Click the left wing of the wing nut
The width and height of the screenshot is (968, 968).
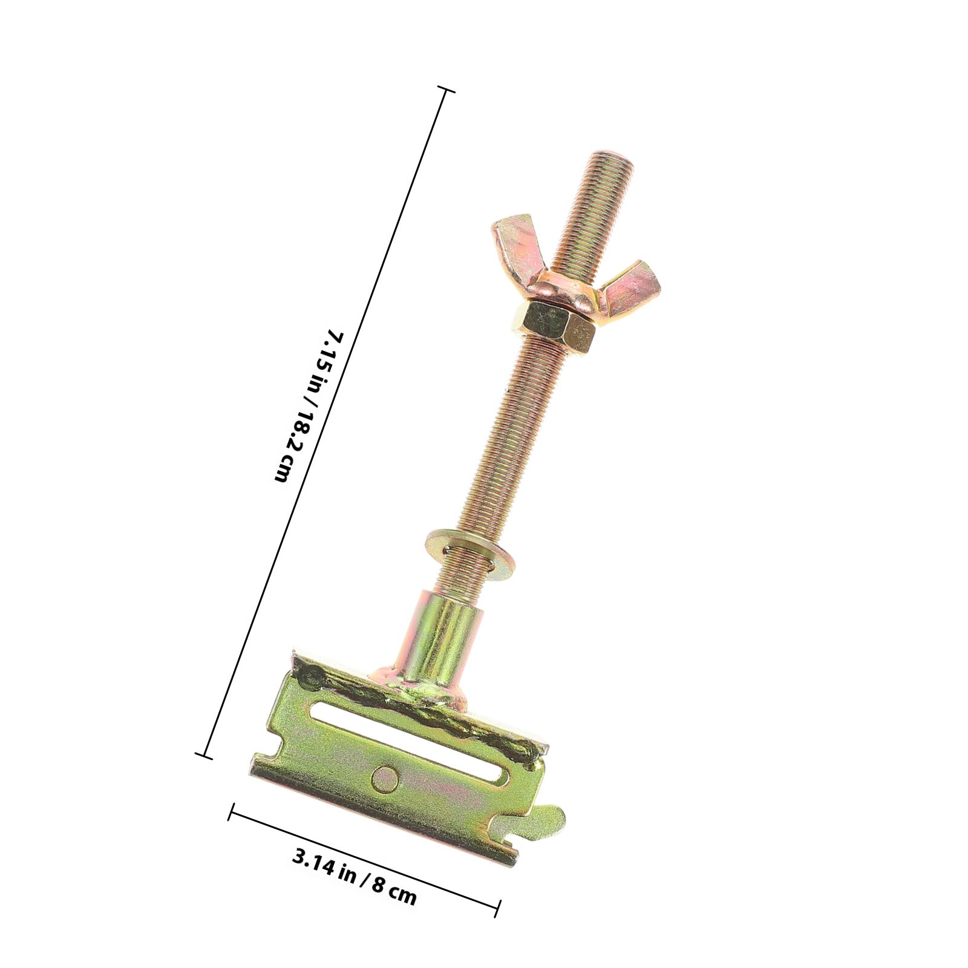[x=514, y=245]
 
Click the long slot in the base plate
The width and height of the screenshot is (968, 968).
[x=405, y=744]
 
